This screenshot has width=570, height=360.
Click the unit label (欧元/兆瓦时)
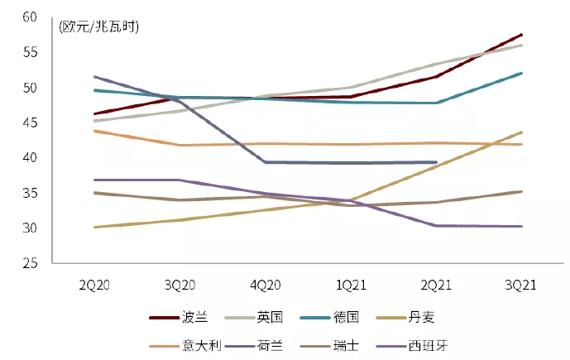coord(99,27)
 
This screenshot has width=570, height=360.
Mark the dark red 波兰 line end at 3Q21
coord(521,35)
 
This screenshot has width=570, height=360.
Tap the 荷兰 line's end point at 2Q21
coord(436,162)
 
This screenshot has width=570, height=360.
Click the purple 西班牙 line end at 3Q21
coord(521,226)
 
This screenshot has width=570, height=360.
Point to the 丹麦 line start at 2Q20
coord(95,227)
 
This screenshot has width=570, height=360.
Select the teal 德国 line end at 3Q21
coord(521,73)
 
